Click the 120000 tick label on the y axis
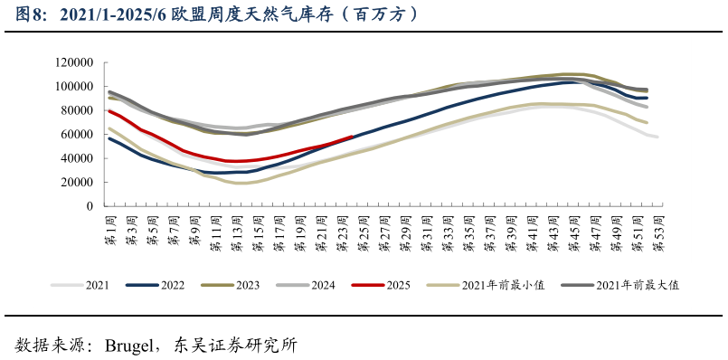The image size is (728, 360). click(x=75, y=62)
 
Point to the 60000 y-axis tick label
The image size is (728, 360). click(x=78, y=134)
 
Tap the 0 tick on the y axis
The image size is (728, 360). click(x=91, y=206)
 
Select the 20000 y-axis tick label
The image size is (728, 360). click(x=78, y=182)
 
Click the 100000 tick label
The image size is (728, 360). click(x=75, y=86)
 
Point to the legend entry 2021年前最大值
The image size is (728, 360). click(x=637, y=285)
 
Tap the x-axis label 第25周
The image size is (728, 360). click(x=363, y=229)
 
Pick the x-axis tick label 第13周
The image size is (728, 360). click(x=236, y=229)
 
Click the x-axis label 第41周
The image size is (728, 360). click(x=531, y=229)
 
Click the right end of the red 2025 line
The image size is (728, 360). click(x=352, y=137)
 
